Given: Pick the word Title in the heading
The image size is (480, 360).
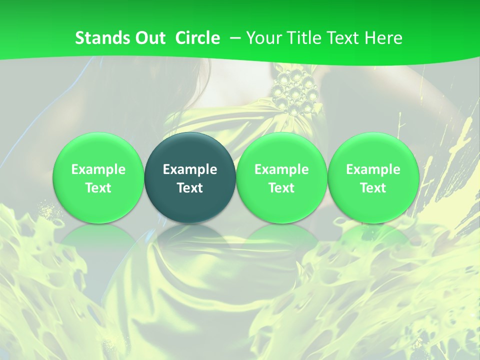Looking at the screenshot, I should tap(304, 38).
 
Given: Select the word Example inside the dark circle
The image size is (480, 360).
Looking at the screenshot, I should tap(190, 169).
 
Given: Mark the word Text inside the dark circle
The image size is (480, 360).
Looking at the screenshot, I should tap(190, 188).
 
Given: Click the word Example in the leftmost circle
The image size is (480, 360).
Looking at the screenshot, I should tap(98, 169).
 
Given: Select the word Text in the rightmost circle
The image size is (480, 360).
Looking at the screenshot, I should tap(373, 188).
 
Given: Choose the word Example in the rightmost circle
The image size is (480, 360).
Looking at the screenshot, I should tap(373, 169).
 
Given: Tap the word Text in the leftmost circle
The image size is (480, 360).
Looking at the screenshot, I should tap(98, 188).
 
